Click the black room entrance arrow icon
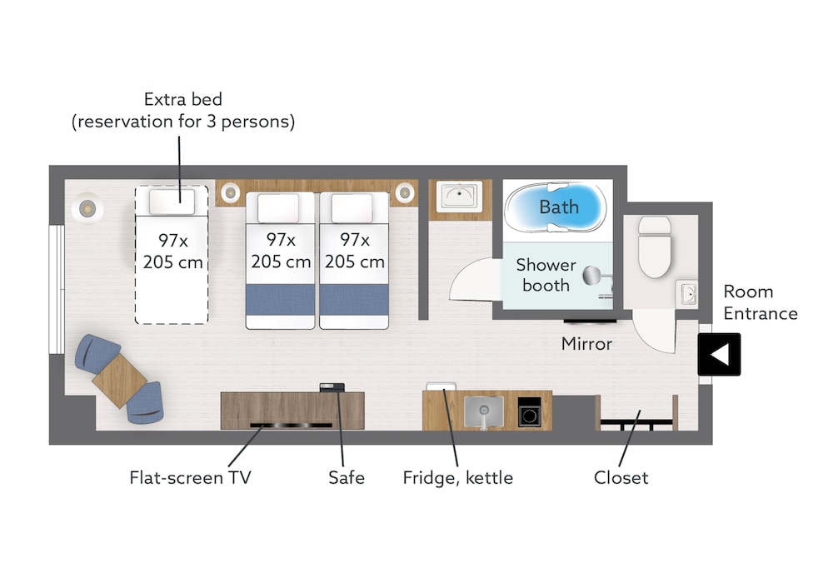(x=719, y=354)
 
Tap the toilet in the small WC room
(x=655, y=247)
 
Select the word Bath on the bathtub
(x=559, y=207)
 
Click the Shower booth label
(x=546, y=275)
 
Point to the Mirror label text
(x=586, y=344)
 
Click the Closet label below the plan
(x=621, y=477)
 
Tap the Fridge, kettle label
(x=458, y=478)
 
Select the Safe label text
(x=347, y=477)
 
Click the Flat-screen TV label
(x=190, y=477)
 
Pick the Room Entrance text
(x=761, y=302)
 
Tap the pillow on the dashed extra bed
(x=172, y=202)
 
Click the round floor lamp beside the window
(x=87, y=208)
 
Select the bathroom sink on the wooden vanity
(x=460, y=196)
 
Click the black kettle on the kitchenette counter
(x=530, y=412)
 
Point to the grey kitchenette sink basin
(x=483, y=411)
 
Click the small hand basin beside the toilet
(x=686, y=293)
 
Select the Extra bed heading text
(x=183, y=99)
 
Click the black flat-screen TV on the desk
(x=291, y=425)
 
